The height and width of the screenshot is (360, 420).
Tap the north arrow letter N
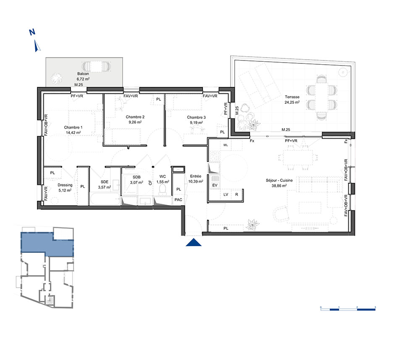(32, 32)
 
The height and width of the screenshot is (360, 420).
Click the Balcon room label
(83, 74)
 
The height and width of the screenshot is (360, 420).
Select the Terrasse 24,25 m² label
(292, 100)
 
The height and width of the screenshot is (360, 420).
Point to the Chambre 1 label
(73, 128)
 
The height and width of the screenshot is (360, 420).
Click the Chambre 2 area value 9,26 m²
(135, 122)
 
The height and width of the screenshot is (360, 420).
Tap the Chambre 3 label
(196, 117)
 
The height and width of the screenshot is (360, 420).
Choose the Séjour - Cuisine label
(279, 181)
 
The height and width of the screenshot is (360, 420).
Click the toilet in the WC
(163, 190)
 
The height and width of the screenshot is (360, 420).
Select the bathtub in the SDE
(105, 199)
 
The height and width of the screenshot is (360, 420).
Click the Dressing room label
(65, 185)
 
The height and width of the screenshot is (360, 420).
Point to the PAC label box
(178, 200)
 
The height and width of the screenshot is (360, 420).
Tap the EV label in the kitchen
(215, 185)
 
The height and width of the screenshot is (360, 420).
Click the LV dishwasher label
(226, 194)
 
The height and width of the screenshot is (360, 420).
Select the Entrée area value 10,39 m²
(196, 181)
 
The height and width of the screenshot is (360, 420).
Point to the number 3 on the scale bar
(375, 307)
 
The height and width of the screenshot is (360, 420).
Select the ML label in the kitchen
(226, 145)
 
